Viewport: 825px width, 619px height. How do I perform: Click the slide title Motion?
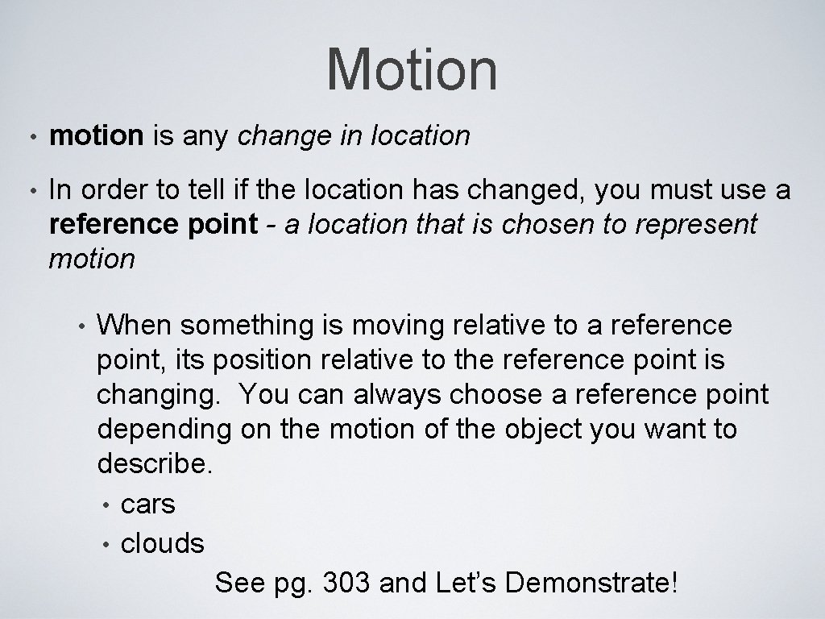(x=412, y=69)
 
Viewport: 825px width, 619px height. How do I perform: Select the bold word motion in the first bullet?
(x=96, y=136)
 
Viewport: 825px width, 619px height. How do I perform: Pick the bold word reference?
(x=109, y=224)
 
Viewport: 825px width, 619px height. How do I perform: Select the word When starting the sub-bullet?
(x=135, y=326)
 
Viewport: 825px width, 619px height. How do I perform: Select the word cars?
(x=147, y=505)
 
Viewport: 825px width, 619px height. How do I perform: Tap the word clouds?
(x=162, y=543)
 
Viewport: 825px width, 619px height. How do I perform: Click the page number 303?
(x=346, y=583)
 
